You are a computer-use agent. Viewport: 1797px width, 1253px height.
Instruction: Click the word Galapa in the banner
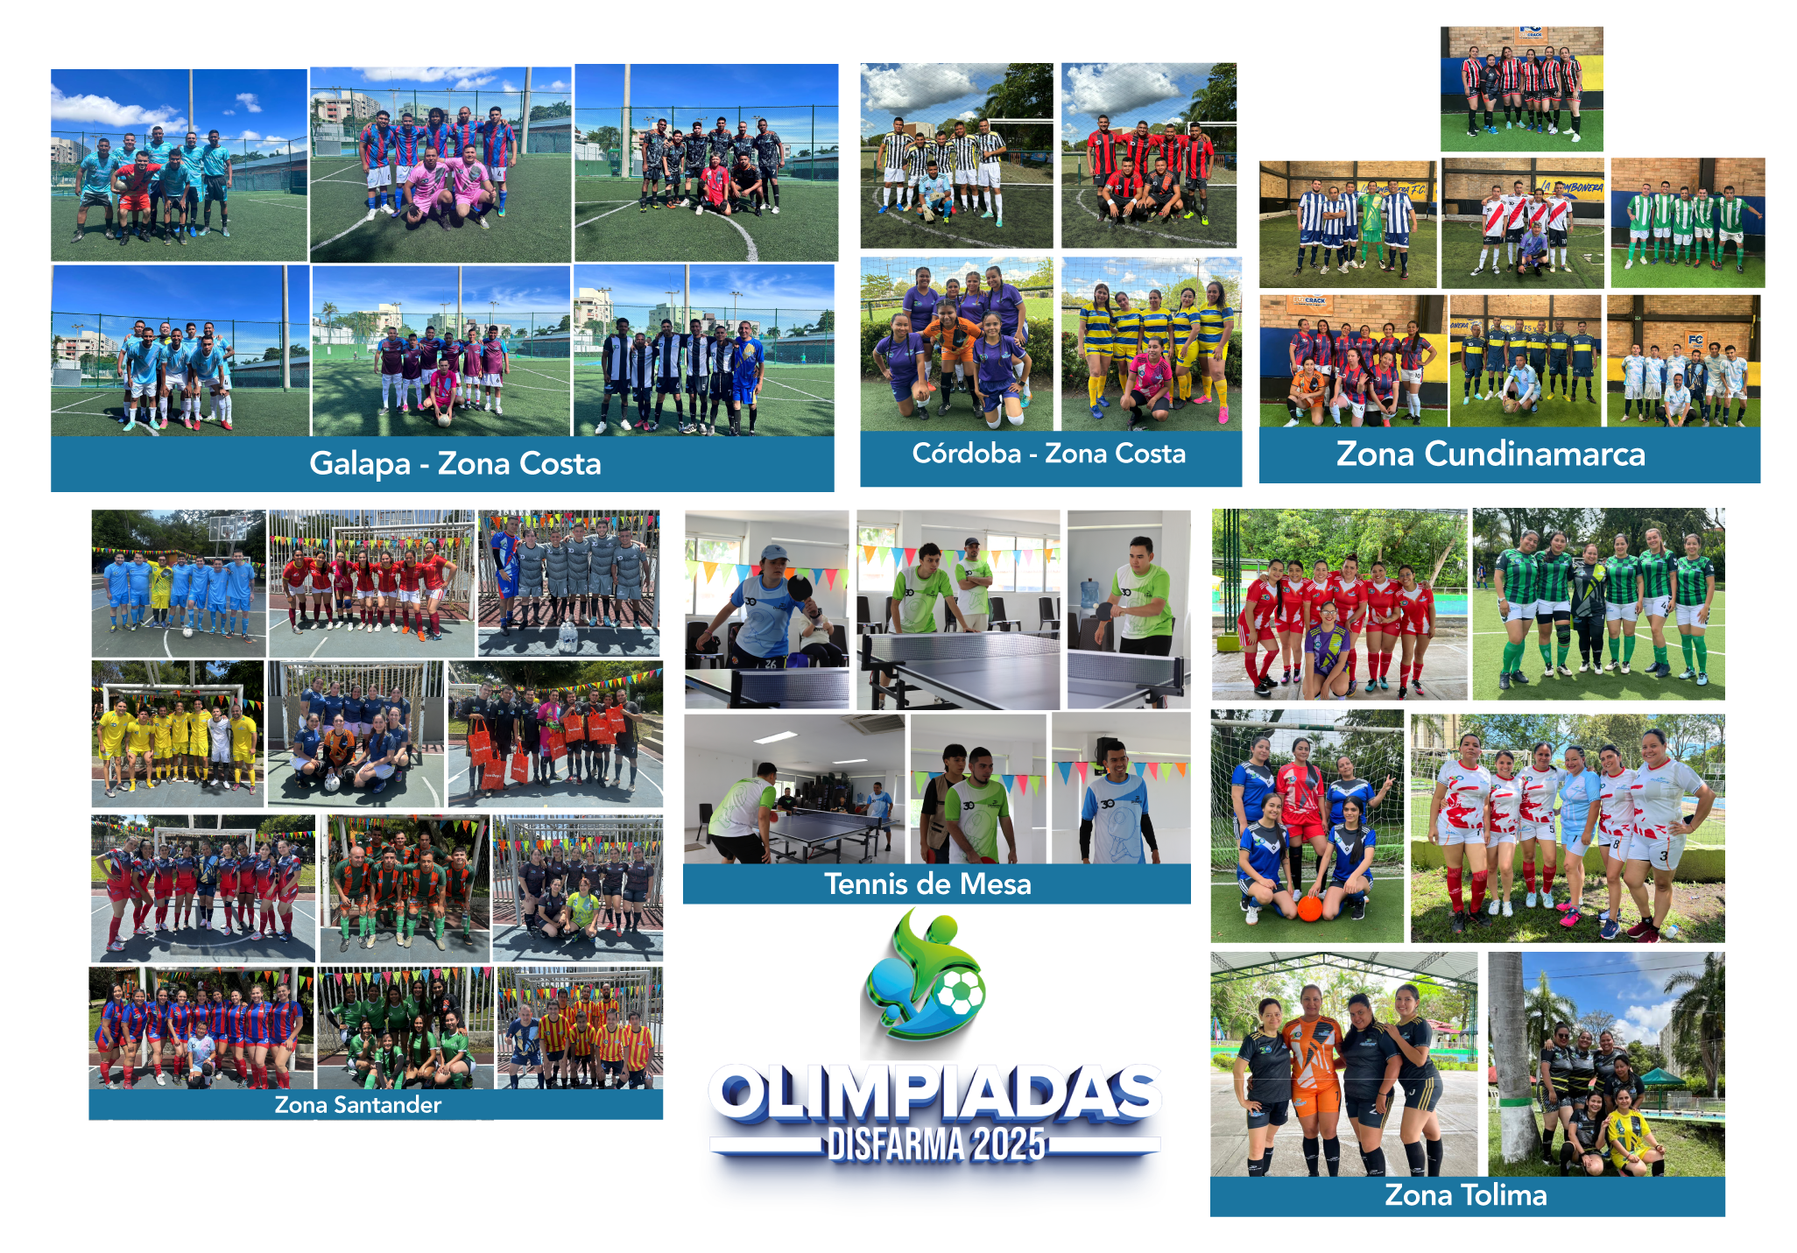pos(360,464)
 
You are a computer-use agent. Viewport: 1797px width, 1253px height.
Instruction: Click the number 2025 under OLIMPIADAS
pos(1009,1144)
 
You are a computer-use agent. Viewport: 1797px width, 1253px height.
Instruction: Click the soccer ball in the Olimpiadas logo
pos(960,993)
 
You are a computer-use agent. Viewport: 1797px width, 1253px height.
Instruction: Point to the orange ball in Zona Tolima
pos(1310,908)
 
